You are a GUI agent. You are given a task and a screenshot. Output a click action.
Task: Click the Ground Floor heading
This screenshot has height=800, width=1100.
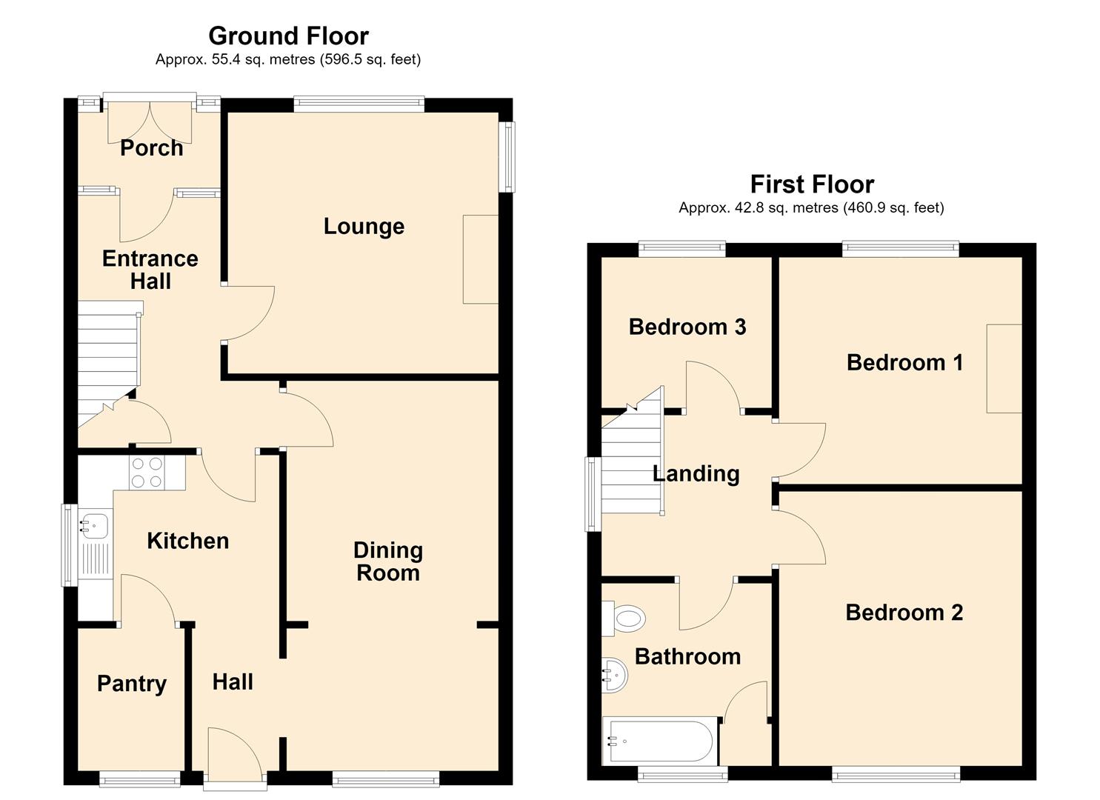point(288,36)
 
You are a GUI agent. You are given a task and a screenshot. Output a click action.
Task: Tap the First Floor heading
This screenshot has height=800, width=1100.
point(813,184)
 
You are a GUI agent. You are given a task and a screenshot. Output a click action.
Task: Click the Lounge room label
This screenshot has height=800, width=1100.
point(364,227)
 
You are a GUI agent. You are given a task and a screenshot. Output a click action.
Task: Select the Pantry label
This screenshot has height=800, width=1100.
point(132,684)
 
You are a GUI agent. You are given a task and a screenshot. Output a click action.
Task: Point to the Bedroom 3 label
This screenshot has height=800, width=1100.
point(687,327)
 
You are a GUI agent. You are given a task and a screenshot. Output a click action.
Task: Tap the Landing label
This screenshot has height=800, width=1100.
point(696,474)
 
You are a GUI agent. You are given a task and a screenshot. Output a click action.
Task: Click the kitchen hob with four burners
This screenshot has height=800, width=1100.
point(147,473)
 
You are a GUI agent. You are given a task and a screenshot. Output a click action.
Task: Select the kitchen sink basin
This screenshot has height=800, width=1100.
point(94,525)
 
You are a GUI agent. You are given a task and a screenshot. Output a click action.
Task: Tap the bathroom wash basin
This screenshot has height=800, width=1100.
point(615,675)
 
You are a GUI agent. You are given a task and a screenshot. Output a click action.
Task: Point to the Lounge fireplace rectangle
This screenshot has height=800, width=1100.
point(481,259)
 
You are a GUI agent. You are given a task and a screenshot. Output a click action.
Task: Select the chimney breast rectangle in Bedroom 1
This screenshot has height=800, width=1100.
point(1004,368)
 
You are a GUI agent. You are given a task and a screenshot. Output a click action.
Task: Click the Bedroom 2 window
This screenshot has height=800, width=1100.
point(896,776)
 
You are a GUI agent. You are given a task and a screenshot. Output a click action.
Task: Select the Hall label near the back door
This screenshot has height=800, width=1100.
point(233,682)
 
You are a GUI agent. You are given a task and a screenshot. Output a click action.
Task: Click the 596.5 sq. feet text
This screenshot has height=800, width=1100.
point(370,60)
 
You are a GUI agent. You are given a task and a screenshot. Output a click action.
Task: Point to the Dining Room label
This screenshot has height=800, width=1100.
point(388,561)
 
